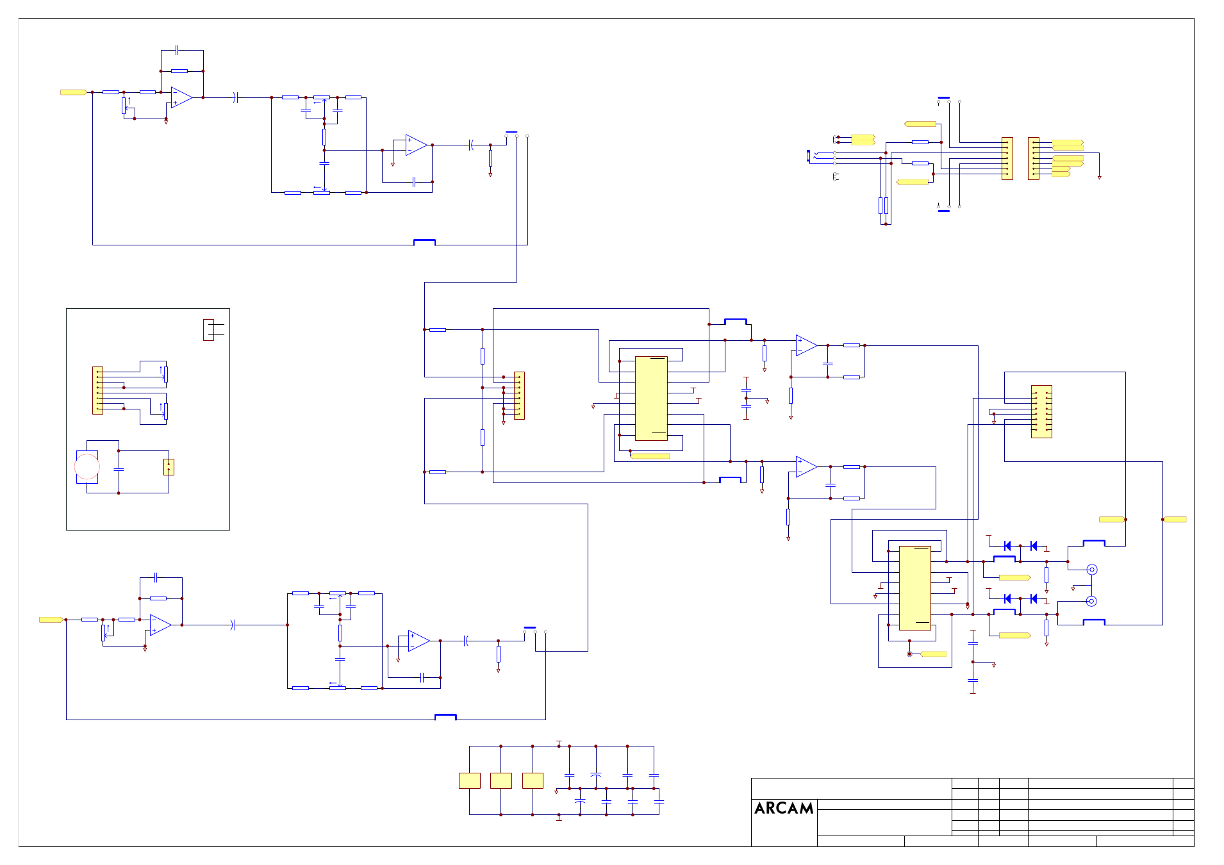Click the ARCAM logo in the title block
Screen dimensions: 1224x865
coord(784,808)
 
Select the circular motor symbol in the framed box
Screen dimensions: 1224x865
coord(87,466)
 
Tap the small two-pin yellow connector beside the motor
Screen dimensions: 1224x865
coord(169,466)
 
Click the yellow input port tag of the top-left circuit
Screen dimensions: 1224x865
coord(74,92)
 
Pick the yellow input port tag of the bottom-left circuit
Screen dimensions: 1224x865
coord(51,620)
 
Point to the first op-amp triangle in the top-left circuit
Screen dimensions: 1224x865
coord(182,97)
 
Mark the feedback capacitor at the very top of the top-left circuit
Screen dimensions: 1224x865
coord(178,50)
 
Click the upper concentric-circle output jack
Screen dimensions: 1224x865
coord(1092,570)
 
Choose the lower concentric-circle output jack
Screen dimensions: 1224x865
coord(1092,601)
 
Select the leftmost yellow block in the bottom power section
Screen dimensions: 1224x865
coord(470,780)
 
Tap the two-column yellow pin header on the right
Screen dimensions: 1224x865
coord(1041,411)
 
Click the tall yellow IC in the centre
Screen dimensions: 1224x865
coord(651,399)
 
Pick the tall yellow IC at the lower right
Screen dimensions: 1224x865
coord(915,588)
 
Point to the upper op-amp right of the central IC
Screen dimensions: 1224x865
coord(806,345)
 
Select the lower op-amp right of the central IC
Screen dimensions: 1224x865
coord(806,466)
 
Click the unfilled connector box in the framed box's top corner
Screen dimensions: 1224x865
coord(208,329)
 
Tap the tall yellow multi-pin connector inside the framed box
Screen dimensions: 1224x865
coord(97,390)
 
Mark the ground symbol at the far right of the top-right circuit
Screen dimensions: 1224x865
coord(1099,177)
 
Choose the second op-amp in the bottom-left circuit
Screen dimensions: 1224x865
coord(418,641)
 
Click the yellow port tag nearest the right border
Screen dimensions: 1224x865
coord(1175,520)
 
